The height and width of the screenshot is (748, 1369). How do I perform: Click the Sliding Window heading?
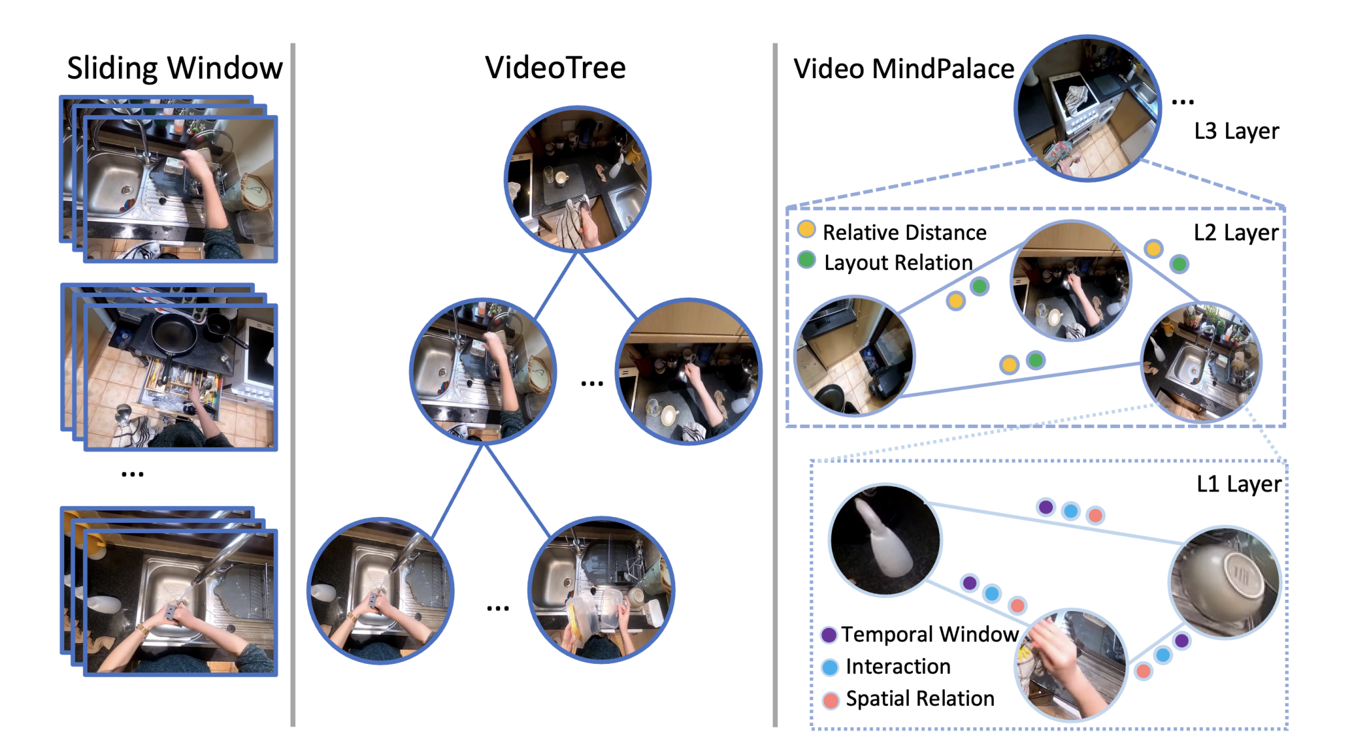click(x=175, y=68)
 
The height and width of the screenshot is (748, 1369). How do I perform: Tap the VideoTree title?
click(x=555, y=67)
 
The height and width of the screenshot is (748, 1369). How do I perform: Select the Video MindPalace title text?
click(x=904, y=69)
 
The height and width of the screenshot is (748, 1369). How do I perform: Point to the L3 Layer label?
click(x=1236, y=131)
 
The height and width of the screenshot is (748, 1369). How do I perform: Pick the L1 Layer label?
click(x=1239, y=484)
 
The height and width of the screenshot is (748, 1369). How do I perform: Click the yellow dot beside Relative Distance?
click(x=807, y=230)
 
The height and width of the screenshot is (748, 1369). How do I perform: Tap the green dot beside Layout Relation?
click(x=807, y=260)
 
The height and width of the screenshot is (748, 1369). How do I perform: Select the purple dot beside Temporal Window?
click(x=829, y=634)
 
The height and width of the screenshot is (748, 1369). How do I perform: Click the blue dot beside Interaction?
click(x=830, y=667)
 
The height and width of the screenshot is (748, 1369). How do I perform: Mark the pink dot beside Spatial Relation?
click(x=831, y=700)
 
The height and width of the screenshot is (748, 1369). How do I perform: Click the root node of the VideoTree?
click(x=578, y=179)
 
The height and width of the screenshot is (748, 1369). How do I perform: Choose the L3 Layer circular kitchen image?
click(x=1087, y=108)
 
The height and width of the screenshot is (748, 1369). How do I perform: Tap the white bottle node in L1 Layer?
click(x=885, y=540)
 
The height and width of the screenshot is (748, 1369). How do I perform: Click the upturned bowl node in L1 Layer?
click(x=1225, y=582)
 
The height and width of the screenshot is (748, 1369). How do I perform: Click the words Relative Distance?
click(x=904, y=232)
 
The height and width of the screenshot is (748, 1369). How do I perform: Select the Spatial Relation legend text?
click(x=920, y=699)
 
